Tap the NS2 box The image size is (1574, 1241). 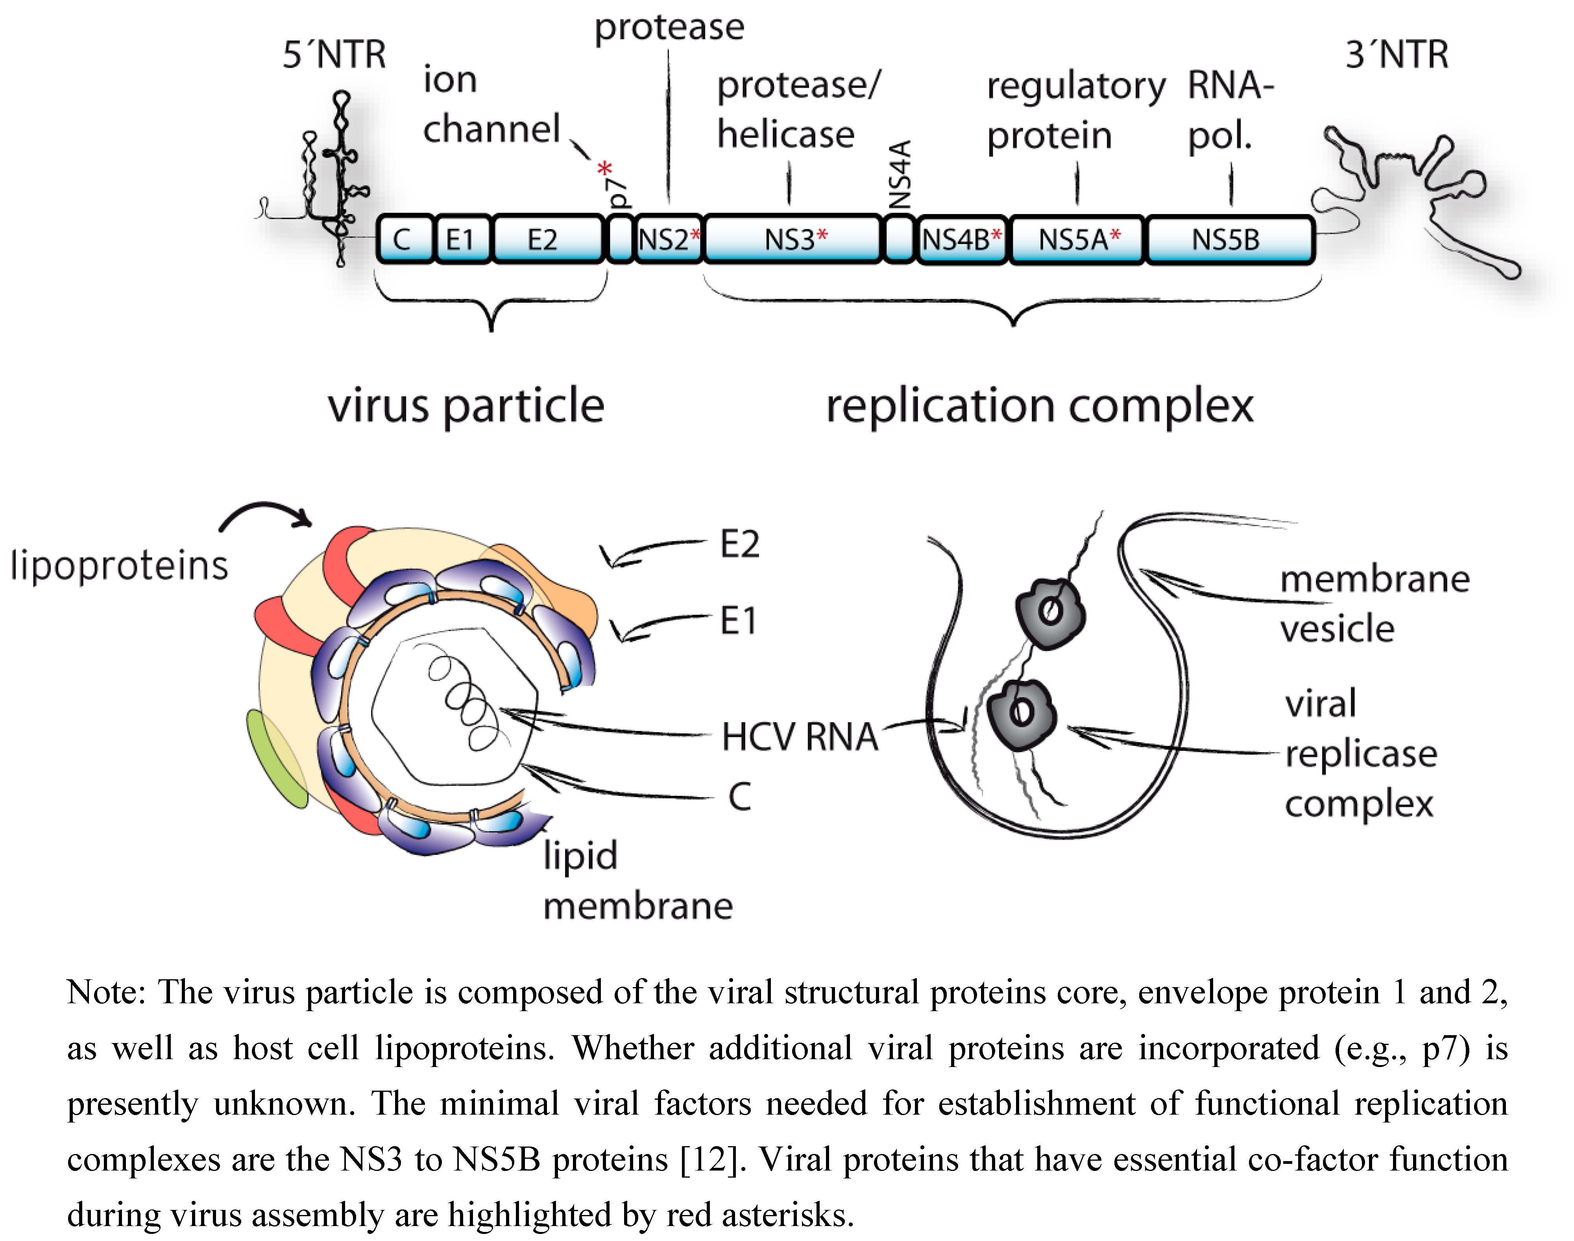(665, 239)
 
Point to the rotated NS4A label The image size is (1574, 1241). (899, 174)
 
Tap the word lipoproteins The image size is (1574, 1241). (120, 565)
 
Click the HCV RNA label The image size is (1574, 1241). (799, 737)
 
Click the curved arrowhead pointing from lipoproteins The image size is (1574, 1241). (304, 517)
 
